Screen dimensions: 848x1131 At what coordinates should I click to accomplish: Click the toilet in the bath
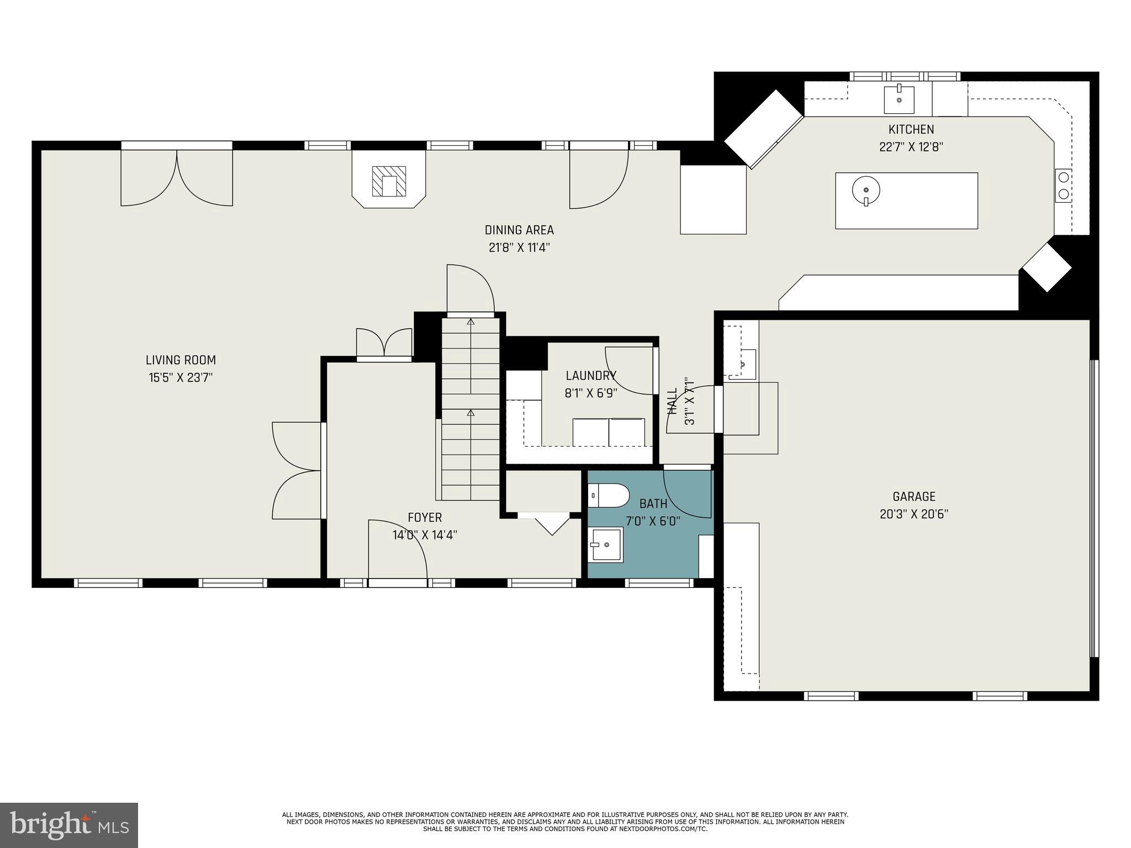pyautogui.click(x=609, y=495)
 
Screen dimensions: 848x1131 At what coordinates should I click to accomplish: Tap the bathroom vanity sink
pyautogui.click(x=605, y=544)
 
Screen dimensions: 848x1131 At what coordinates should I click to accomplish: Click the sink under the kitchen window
pyautogui.click(x=899, y=99)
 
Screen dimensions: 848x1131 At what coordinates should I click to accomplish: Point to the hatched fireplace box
pyautogui.click(x=389, y=181)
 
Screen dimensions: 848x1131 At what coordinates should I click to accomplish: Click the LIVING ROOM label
pyautogui.click(x=181, y=360)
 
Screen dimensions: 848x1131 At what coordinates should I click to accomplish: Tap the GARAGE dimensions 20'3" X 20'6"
pyautogui.click(x=913, y=514)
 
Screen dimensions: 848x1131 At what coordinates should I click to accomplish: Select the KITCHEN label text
pyautogui.click(x=911, y=129)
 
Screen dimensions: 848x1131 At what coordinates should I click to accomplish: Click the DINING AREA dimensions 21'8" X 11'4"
pyautogui.click(x=519, y=247)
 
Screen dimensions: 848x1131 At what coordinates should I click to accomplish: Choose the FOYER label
pyautogui.click(x=425, y=517)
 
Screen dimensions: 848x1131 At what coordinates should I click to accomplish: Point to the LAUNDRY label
pyautogui.click(x=590, y=375)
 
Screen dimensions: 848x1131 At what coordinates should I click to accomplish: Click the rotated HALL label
pyautogui.click(x=672, y=401)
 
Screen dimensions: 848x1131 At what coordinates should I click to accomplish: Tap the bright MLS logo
pyautogui.click(x=69, y=825)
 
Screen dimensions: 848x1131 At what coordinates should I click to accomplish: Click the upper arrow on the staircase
pyautogui.click(x=471, y=321)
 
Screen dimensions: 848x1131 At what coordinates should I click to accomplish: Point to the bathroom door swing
pyautogui.click(x=686, y=492)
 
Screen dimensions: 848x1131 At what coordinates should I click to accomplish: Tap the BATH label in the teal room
pyautogui.click(x=653, y=504)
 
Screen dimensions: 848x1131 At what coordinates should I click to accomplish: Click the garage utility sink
pyautogui.click(x=743, y=364)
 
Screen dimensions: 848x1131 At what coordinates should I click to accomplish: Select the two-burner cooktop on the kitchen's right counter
pyautogui.click(x=1063, y=186)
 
